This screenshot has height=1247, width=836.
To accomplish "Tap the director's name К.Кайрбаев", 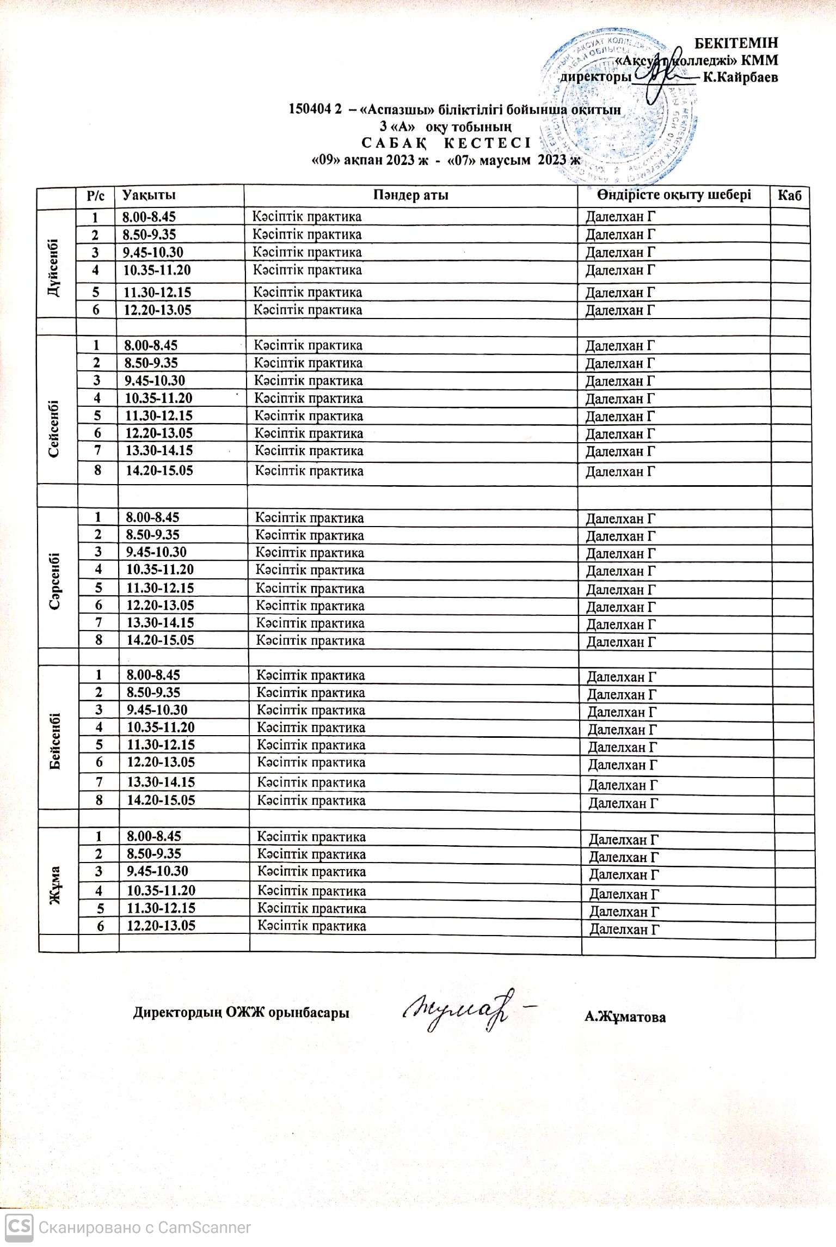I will click(x=740, y=77).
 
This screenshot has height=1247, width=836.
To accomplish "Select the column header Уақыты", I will click(x=149, y=195).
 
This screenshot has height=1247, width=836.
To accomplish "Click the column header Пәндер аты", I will click(x=411, y=195).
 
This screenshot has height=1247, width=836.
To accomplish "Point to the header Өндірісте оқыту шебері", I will click(x=673, y=194).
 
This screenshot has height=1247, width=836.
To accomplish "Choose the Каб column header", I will click(x=790, y=195).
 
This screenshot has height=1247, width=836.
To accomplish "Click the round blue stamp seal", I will click(x=620, y=106).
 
